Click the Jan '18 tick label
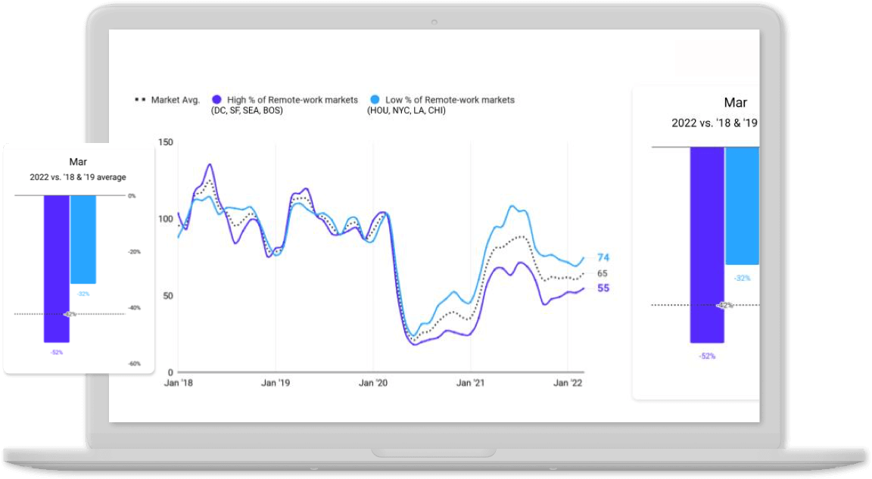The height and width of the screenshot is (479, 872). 179,383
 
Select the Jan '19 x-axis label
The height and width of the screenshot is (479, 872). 276,383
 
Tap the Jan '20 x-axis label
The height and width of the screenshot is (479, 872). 374,383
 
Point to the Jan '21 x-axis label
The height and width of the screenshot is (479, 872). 471,383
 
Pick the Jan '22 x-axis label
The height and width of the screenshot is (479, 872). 568,383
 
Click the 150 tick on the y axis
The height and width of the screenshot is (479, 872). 166,142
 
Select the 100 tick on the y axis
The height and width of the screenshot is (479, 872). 166,219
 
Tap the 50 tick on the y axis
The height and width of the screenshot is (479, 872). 168,295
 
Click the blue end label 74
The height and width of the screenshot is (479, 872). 603,258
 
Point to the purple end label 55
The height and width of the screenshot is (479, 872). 603,288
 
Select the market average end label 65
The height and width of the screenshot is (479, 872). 603,273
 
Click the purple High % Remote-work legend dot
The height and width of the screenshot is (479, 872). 216,100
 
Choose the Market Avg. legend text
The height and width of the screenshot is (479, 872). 175,100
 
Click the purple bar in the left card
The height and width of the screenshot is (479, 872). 56,269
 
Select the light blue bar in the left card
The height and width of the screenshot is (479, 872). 83,239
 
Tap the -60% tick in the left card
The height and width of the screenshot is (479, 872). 133,364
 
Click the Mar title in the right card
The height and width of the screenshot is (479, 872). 735,103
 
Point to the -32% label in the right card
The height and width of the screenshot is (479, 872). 742,278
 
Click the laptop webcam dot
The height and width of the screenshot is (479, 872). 434,20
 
